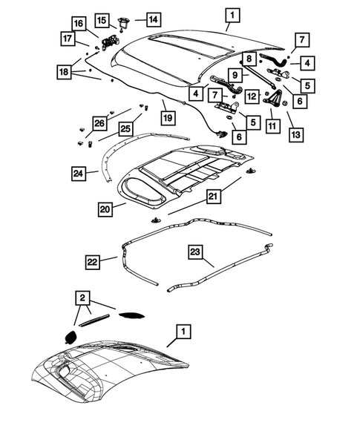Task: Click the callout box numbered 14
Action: (154, 19)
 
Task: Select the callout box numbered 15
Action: (102, 20)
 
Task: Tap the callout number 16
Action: (79, 24)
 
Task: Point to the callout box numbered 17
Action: (68, 38)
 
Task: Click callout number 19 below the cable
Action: (168, 118)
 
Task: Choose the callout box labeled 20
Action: (105, 209)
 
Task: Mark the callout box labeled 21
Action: (213, 197)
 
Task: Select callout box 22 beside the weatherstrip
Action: (92, 262)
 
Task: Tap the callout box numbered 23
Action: (195, 252)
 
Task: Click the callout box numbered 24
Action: (79, 174)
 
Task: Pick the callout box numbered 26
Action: (99, 123)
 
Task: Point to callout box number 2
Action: (82, 298)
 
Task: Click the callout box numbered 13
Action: (296, 135)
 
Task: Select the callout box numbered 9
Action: (235, 75)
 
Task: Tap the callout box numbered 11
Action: (272, 126)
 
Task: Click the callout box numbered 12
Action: (252, 96)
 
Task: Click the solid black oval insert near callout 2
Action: (70, 337)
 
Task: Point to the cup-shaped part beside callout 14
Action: (122, 22)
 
